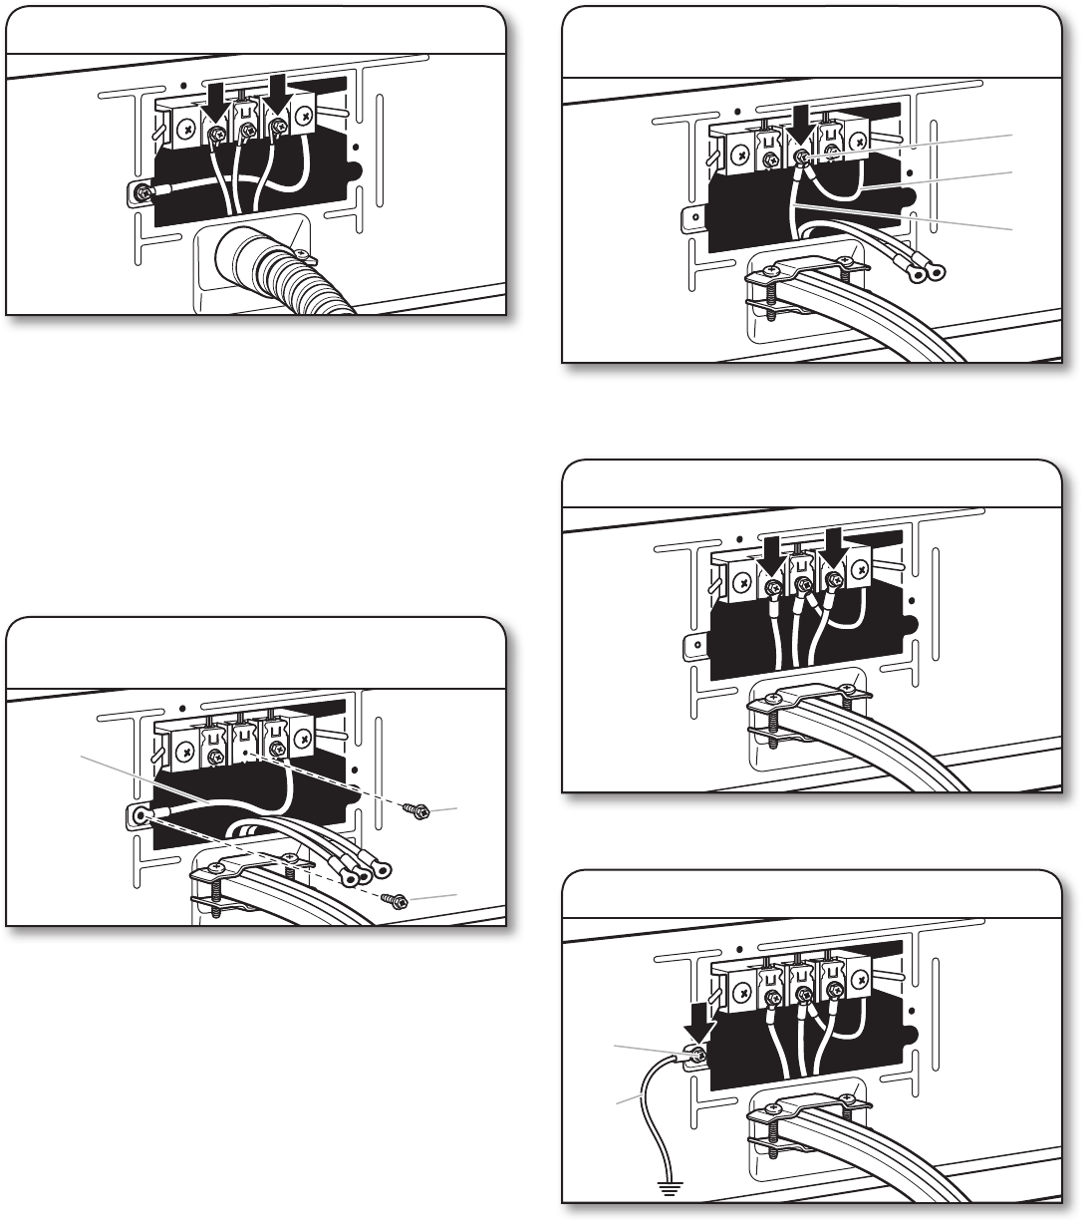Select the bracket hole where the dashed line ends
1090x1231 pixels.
tap(139, 814)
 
